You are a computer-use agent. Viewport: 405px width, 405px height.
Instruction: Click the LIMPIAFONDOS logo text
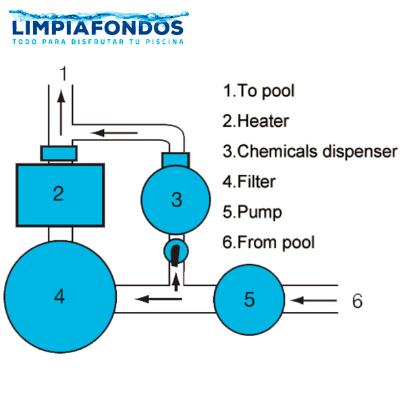coord(98,28)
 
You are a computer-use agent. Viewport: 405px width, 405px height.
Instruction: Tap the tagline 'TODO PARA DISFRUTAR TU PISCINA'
coord(98,42)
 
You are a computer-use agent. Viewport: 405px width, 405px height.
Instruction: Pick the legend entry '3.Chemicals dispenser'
coord(310,151)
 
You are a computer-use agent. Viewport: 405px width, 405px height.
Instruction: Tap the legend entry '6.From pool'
coord(269,241)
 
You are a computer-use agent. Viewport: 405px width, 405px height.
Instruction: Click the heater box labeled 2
coord(59,194)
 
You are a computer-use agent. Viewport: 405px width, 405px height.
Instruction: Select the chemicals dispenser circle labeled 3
coord(176,199)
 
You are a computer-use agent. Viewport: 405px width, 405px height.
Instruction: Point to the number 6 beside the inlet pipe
coord(357,300)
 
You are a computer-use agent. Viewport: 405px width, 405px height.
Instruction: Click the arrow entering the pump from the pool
coord(311,299)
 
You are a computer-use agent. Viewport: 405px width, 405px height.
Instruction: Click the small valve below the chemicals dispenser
coord(176,252)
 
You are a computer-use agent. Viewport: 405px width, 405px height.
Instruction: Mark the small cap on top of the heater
coord(59,154)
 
